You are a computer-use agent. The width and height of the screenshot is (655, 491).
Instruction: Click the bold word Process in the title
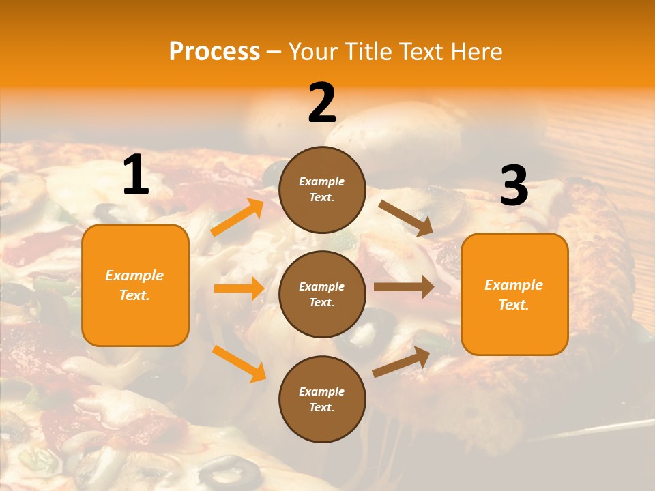pos(214,51)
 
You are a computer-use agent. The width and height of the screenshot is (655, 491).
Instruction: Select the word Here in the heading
pos(476,51)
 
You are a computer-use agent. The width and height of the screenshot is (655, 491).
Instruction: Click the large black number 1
pos(136,175)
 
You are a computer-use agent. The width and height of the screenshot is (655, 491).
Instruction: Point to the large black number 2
pos(322,103)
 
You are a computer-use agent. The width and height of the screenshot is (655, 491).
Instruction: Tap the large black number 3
pos(514,185)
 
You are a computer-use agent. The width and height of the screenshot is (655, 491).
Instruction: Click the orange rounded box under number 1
pos(135,285)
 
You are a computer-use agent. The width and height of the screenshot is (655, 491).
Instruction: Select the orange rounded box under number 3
pos(514,294)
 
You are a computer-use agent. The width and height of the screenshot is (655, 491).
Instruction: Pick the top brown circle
pos(322,190)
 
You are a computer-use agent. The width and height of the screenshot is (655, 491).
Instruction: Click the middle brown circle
pos(322,294)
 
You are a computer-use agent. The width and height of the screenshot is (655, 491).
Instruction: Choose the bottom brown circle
pos(322,399)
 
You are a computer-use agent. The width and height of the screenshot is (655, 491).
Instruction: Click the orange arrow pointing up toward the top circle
pos(237,218)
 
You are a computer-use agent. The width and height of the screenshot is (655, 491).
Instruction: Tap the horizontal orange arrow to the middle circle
pos(239,288)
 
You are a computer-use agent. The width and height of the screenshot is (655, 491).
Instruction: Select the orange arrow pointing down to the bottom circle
pos(239,363)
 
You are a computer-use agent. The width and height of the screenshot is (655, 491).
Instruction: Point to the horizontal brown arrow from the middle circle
pos(403,287)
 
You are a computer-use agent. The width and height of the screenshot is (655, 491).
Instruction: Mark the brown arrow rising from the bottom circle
pos(401,361)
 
